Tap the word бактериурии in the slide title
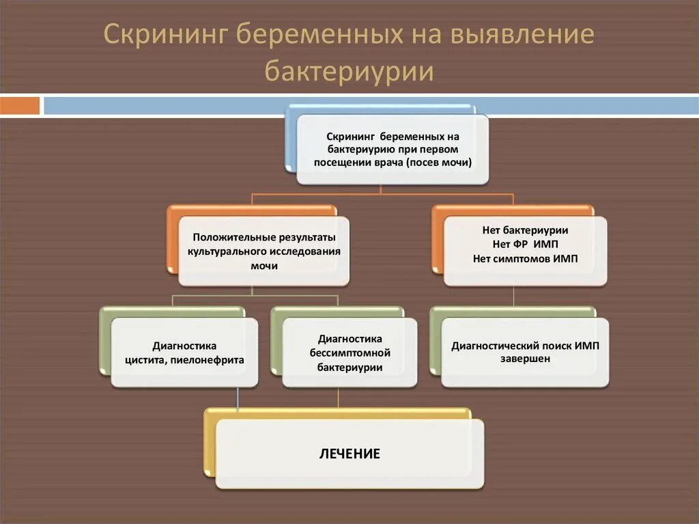tap(349, 71)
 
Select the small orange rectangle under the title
tap(20, 106)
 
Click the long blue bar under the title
tap(369, 106)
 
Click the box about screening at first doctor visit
tap(393, 150)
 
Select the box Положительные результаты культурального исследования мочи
tap(263, 251)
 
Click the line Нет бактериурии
tap(525, 231)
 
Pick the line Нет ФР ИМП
tap(525, 245)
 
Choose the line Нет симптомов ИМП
tap(525, 259)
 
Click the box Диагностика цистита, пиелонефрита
tap(184, 353)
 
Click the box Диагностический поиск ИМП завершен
tap(525, 352)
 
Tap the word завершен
tap(525, 359)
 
